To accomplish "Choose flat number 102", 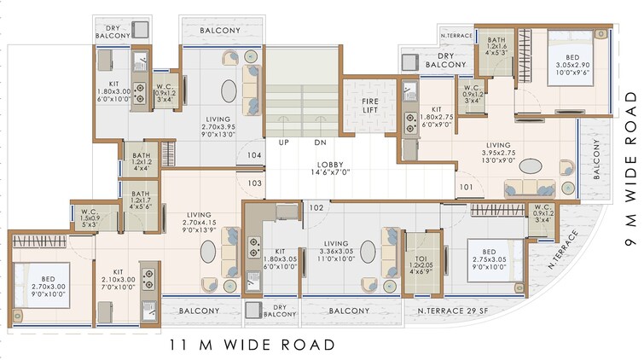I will (x=316, y=207).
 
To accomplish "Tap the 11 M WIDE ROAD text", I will (x=251, y=345).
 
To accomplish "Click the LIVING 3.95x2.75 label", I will (x=489, y=151).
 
